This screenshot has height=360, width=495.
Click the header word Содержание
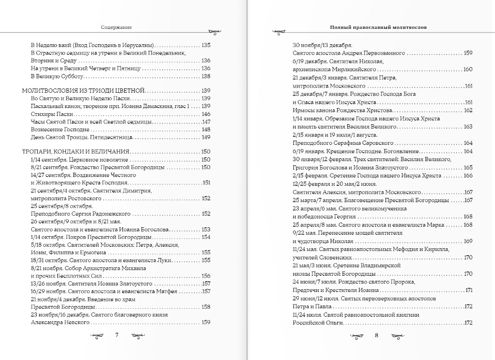click(116, 27)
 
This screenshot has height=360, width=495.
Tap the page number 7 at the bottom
click(117, 334)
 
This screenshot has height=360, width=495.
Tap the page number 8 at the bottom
click(376, 334)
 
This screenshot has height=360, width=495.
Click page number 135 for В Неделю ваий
click(206, 45)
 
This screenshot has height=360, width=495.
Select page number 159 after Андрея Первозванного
click(468, 53)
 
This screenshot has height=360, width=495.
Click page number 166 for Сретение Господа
click(468, 176)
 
